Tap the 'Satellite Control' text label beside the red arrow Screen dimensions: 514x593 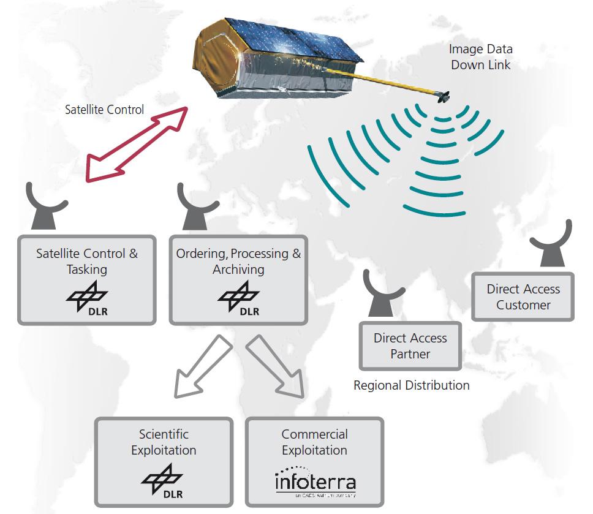click(104, 110)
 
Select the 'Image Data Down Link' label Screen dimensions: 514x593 click(481, 56)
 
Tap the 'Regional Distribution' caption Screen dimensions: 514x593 click(411, 385)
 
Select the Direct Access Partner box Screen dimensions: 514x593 click(410, 346)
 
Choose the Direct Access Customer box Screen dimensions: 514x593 click(523, 297)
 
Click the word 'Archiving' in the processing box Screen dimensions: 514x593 click(239, 270)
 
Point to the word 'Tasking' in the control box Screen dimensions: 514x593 click(87, 270)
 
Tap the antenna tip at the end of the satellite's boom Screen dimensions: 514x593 click(443, 96)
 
